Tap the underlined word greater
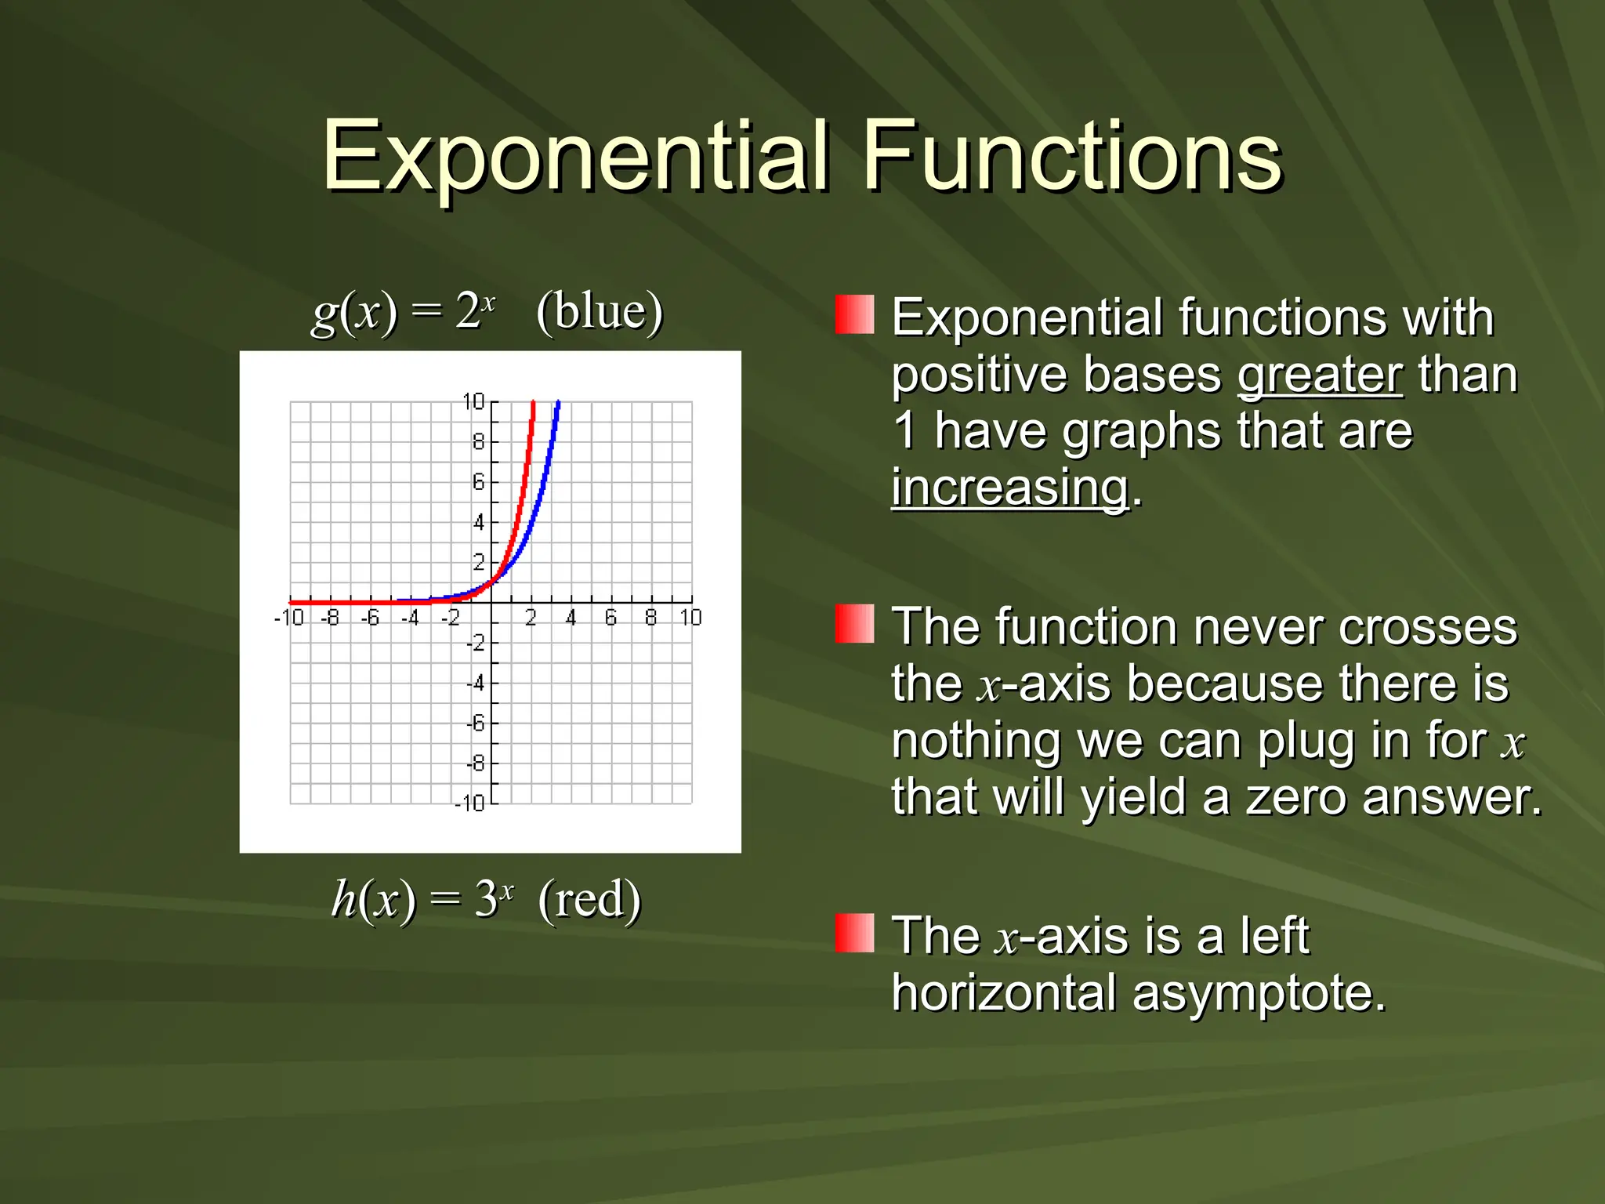point(1320,375)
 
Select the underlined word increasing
point(1010,488)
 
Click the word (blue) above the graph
point(600,311)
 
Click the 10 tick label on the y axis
point(473,402)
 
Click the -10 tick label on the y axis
point(470,803)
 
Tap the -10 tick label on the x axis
point(288,618)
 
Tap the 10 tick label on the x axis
point(690,618)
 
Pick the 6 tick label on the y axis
point(478,482)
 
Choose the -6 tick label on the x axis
point(369,618)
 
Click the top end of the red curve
point(533,404)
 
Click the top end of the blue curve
point(558,404)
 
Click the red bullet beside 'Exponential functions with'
point(854,314)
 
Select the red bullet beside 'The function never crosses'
point(854,624)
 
